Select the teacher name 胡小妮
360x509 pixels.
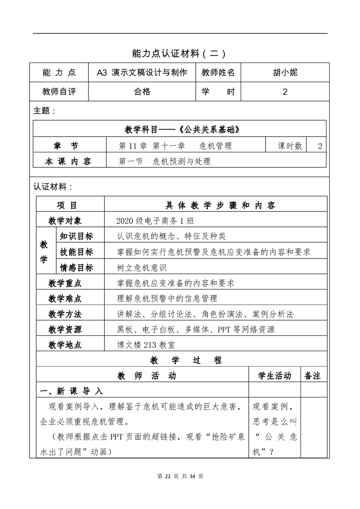click(x=285, y=72)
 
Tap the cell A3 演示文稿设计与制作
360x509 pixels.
click(x=142, y=72)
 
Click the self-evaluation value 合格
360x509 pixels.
click(x=142, y=92)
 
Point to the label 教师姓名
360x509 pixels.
click(x=218, y=72)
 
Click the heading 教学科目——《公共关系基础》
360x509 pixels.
click(x=181, y=129)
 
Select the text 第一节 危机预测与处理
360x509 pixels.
click(x=164, y=161)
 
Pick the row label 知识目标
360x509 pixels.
click(x=76, y=236)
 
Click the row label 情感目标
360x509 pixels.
click(x=76, y=268)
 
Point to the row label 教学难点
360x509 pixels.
click(x=65, y=299)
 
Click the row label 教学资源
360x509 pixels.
click(x=65, y=329)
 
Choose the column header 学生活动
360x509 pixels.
click(x=275, y=376)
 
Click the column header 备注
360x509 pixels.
click(x=313, y=376)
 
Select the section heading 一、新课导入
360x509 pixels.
click(x=72, y=391)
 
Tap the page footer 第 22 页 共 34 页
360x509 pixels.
click(x=180, y=476)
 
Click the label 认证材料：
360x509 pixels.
click(x=52, y=186)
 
